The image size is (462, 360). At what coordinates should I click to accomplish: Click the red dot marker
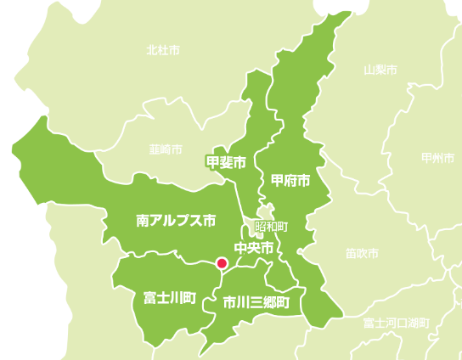tap(221, 263)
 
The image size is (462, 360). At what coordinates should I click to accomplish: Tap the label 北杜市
tap(163, 50)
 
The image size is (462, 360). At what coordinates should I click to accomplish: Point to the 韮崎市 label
tap(166, 149)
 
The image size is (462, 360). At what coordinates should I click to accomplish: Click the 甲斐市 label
tap(226, 160)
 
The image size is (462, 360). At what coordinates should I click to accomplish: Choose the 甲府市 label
tap(290, 181)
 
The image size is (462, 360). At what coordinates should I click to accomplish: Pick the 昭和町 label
tap(272, 228)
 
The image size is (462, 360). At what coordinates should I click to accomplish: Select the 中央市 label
tap(254, 248)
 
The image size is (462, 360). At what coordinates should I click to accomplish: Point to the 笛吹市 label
tap(362, 253)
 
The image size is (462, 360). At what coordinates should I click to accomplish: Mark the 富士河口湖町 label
tap(396, 323)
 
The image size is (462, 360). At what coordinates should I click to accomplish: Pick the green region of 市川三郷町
tap(246, 323)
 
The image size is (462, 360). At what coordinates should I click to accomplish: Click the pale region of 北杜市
tap(127, 76)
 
